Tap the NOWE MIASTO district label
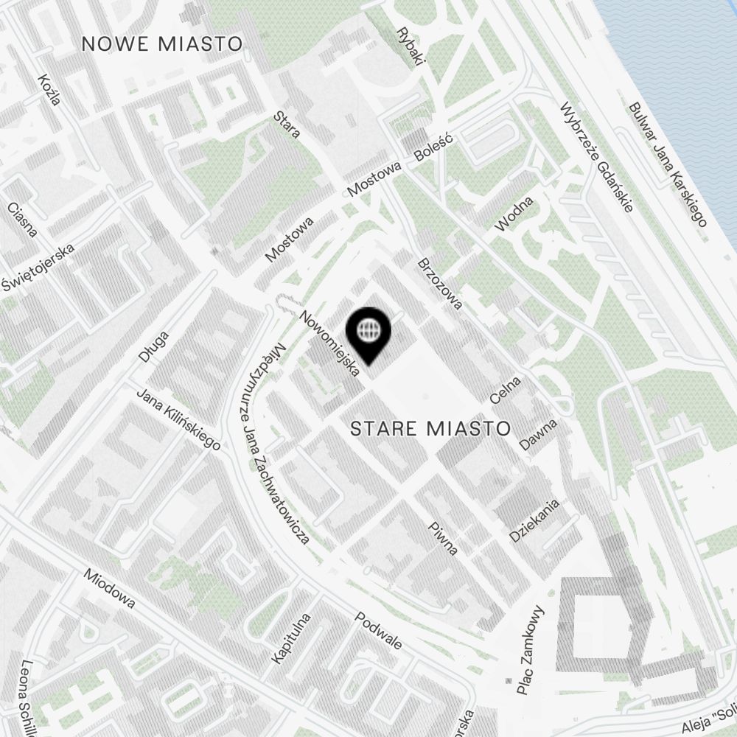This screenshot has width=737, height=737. pyautogui.click(x=162, y=43)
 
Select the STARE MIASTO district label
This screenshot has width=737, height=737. pyautogui.click(x=430, y=428)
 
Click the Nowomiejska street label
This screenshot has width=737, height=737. pyautogui.click(x=329, y=343)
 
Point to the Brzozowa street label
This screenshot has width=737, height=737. pyautogui.click(x=439, y=283)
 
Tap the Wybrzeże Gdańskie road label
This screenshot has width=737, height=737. pyautogui.click(x=597, y=156)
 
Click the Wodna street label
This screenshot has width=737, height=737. pyautogui.click(x=514, y=214)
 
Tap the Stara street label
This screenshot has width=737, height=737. pyautogui.click(x=287, y=124)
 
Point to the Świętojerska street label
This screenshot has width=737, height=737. pyautogui.click(x=38, y=265)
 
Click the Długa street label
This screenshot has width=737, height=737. pyautogui.click(x=153, y=346)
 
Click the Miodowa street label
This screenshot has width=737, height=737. pyautogui.click(x=110, y=588)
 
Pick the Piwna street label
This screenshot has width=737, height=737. pyautogui.click(x=444, y=539)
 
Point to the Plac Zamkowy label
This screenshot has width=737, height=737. pyautogui.click(x=530, y=651)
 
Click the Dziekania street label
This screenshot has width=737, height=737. pyautogui.click(x=535, y=520)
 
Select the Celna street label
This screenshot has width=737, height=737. pyautogui.click(x=506, y=390)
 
